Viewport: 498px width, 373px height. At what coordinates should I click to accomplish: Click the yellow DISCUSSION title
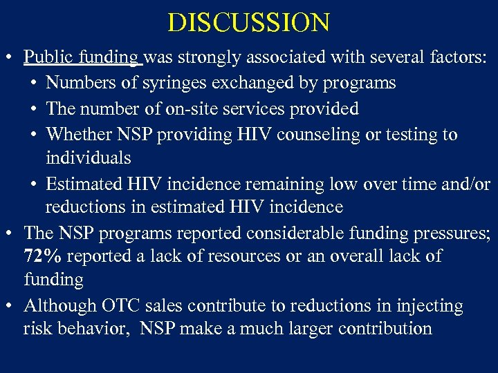(249, 23)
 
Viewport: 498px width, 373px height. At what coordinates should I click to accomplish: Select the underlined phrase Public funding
(81, 57)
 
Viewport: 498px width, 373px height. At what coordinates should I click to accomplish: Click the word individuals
(88, 158)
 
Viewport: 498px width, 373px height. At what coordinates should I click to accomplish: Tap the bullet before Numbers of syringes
(35, 84)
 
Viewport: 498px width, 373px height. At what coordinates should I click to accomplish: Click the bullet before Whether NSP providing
(35, 135)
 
